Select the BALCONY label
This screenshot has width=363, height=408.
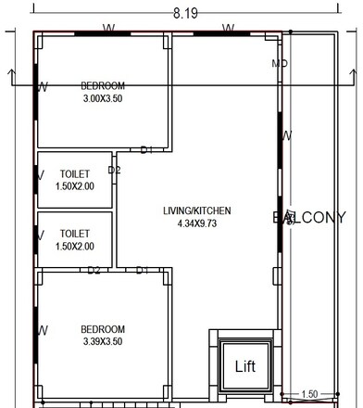pyautogui.click(x=309, y=218)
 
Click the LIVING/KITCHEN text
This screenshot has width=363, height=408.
pyautogui.click(x=196, y=210)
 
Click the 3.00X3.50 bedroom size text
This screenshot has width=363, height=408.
pyautogui.click(x=102, y=96)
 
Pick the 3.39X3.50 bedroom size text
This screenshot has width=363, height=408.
pyautogui.click(x=102, y=342)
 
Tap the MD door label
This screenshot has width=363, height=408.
pyautogui.click(x=279, y=64)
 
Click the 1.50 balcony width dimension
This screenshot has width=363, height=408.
pyautogui.click(x=310, y=394)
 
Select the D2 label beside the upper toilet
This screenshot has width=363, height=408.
pyautogui.click(x=114, y=170)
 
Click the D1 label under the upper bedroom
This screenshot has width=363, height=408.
pyautogui.click(x=145, y=149)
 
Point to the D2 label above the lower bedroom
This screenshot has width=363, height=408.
pyautogui.click(x=94, y=270)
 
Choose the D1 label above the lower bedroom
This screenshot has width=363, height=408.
pyautogui.click(x=142, y=270)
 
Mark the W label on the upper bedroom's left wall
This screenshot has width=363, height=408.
pyautogui.click(x=42, y=87)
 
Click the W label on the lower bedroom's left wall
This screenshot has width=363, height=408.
pyautogui.click(x=42, y=330)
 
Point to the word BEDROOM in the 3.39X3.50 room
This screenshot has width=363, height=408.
pyautogui.click(x=102, y=329)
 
